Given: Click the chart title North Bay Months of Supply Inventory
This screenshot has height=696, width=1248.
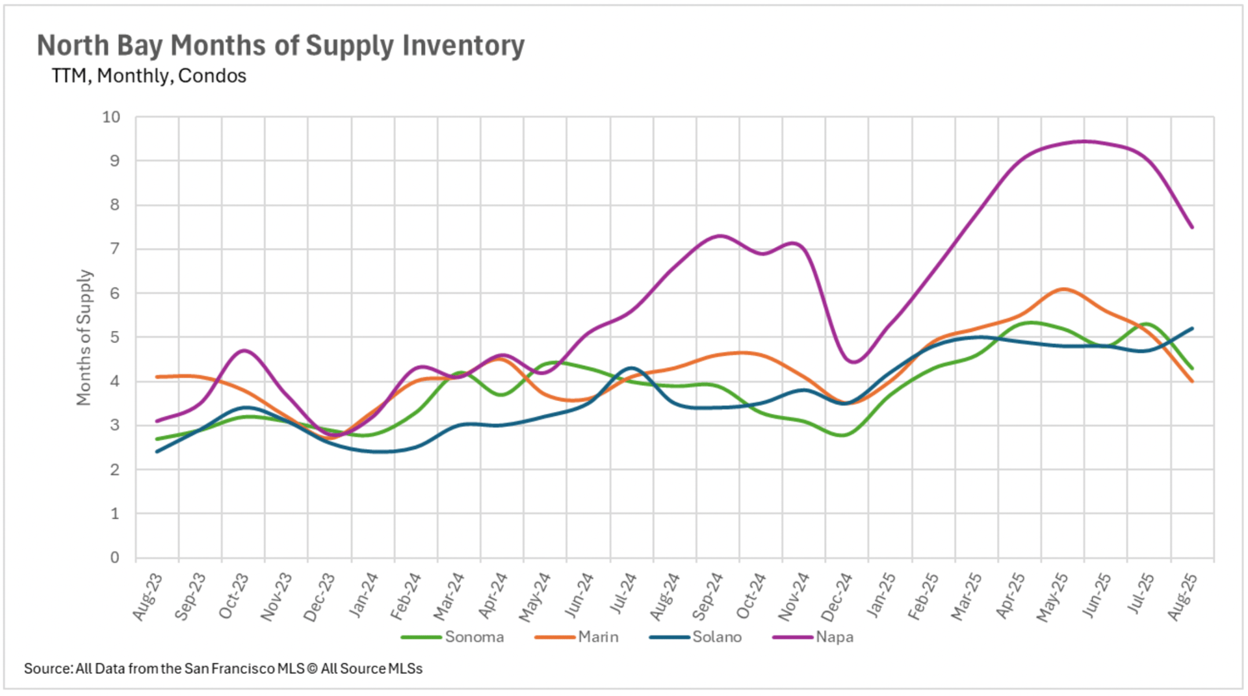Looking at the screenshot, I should (x=280, y=45).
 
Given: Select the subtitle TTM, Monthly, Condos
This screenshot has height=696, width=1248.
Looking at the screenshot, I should (x=149, y=76).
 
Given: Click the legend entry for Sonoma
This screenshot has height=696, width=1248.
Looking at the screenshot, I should (x=474, y=637).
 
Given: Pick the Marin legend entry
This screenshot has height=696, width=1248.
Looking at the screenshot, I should (x=598, y=637).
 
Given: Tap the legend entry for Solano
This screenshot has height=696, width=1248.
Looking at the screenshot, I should (x=716, y=637).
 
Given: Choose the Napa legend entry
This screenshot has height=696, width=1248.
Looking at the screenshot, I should (x=834, y=637).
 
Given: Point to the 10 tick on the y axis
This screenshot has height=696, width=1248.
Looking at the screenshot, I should (x=111, y=117).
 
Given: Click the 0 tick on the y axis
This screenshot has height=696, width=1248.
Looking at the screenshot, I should (x=114, y=558).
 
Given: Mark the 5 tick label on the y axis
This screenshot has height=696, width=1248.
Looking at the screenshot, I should (x=114, y=337).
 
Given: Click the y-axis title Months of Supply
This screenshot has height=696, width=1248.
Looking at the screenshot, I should (x=84, y=337).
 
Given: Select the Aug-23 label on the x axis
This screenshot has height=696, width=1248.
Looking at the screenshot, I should (x=148, y=597).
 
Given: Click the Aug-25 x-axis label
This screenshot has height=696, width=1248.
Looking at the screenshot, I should (x=1182, y=597).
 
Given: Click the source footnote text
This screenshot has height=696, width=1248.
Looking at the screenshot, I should (x=223, y=669).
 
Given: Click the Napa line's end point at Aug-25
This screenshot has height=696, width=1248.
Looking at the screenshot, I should (x=1192, y=227).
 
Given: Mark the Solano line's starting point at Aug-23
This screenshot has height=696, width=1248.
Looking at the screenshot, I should (x=157, y=452).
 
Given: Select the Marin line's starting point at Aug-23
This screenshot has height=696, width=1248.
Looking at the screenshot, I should (x=157, y=377).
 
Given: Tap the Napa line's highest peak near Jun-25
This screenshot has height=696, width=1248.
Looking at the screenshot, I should (x=1084, y=141).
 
